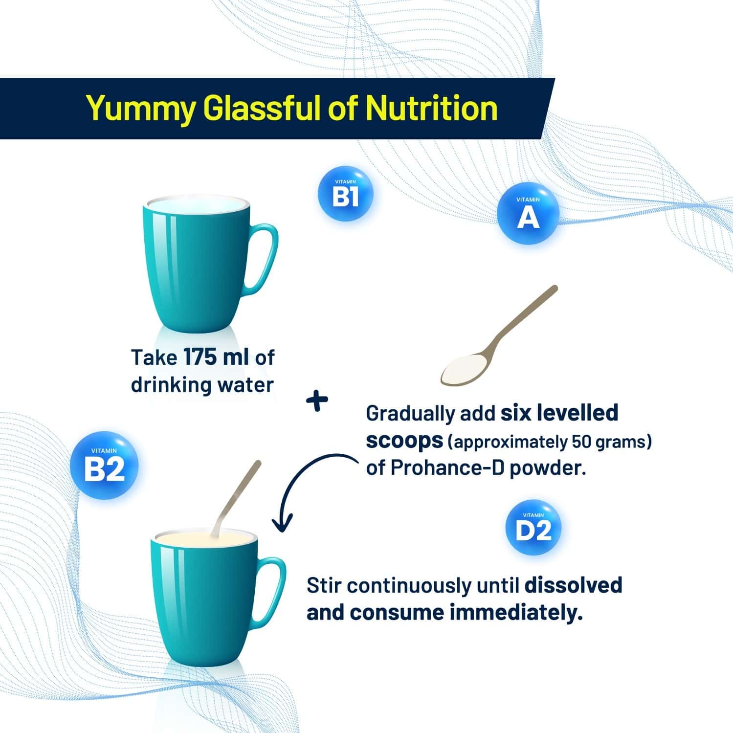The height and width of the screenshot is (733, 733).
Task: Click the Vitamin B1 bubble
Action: (345, 194)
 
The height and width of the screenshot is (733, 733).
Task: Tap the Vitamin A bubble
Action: (528, 214)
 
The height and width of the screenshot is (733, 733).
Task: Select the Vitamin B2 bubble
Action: (104, 466)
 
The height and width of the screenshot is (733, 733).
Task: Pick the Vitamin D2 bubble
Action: (533, 528)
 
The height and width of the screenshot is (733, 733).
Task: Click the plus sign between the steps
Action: (317, 400)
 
